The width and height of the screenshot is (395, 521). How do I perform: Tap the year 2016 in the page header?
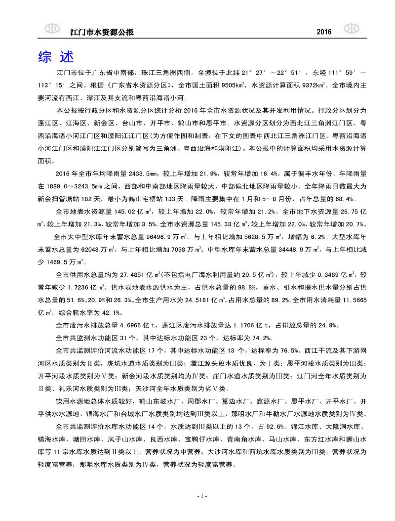click(x=323, y=32)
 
